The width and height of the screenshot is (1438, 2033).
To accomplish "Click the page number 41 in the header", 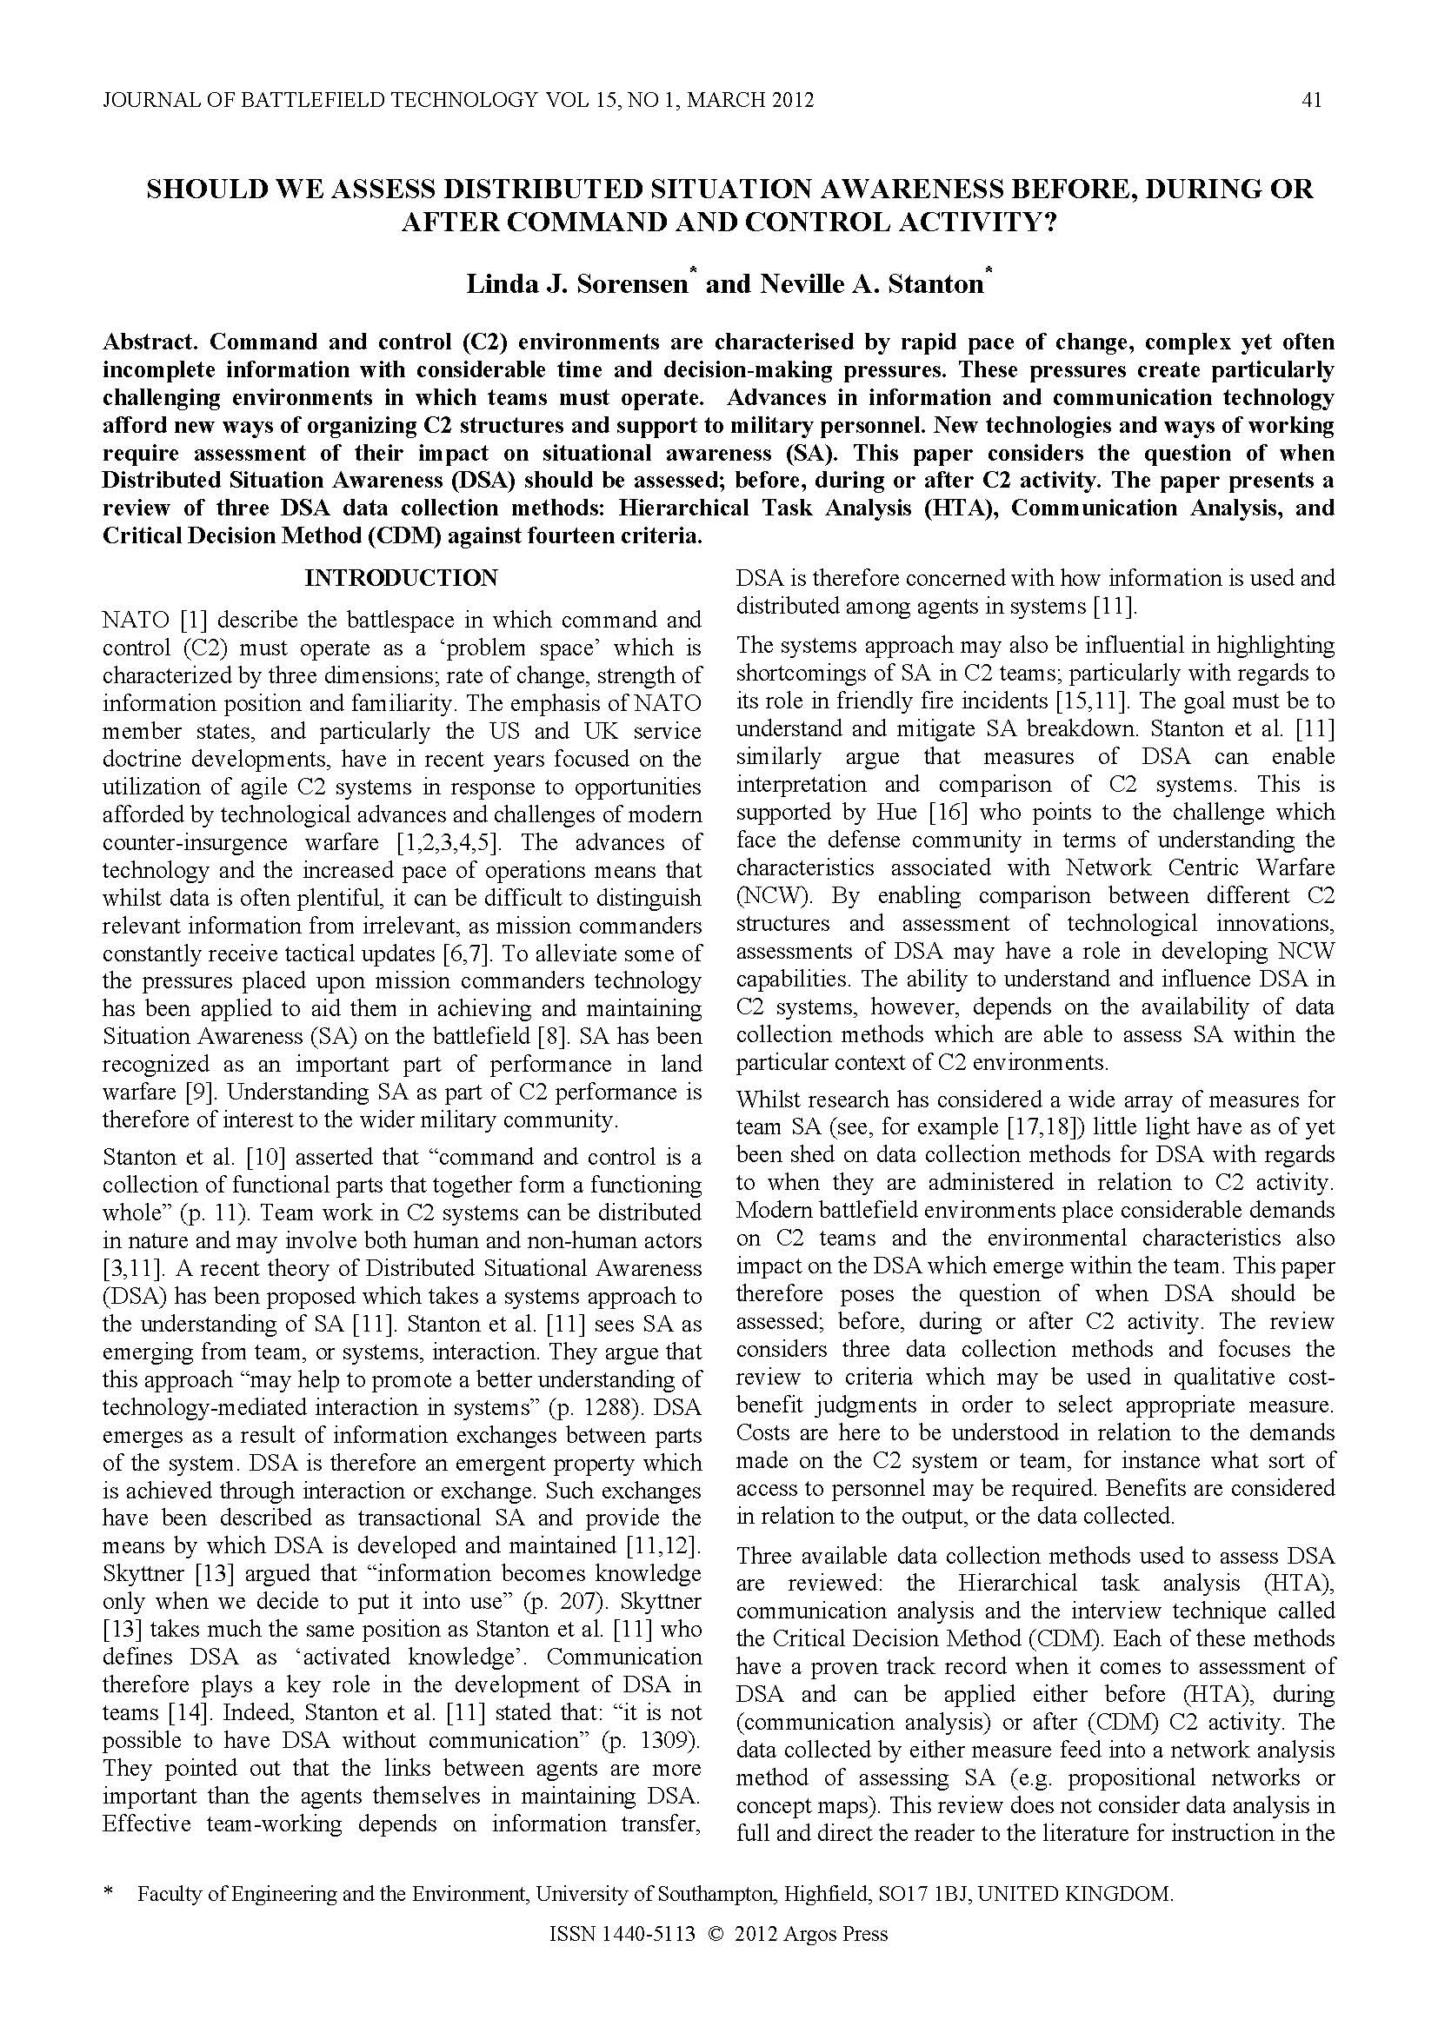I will click(1312, 100).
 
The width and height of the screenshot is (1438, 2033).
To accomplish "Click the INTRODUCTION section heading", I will click(401, 578).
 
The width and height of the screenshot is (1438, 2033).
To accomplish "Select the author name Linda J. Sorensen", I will click(577, 284).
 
